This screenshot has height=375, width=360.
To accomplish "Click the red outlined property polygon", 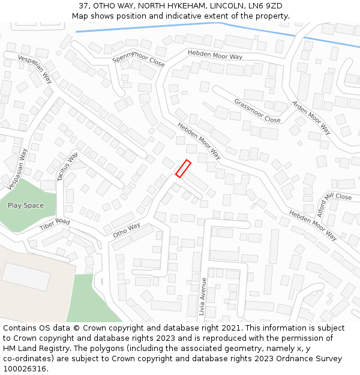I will (x=183, y=169).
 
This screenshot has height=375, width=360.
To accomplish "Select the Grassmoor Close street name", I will (x=257, y=110).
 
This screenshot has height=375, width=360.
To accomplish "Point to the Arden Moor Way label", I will (x=311, y=117).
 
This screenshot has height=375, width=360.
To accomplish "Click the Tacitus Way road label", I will (x=67, y=167).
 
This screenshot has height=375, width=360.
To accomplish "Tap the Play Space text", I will (x=25, y=205).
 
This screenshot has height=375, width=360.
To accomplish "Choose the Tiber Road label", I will (x=55, y=226).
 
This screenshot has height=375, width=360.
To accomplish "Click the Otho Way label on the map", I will (x=126, y=230).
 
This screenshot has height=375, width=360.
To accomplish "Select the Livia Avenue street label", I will (x=203, y=296).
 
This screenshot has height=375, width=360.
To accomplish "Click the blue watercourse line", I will (x=180, y=25).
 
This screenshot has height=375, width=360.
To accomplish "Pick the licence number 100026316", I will (x=25, y=369).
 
